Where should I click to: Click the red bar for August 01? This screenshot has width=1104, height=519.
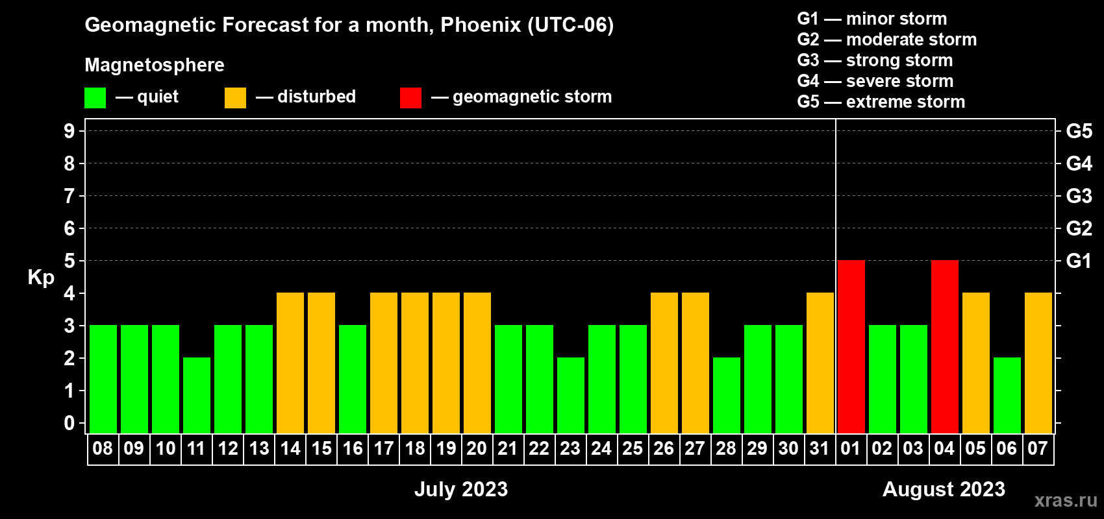(851, 346)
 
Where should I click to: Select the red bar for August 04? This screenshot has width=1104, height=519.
(945, 346)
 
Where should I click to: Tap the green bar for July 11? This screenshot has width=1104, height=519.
(197, 395)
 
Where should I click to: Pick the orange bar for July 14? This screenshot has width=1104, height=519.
(290, 363)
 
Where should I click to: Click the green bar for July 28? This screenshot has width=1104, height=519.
(727, 395)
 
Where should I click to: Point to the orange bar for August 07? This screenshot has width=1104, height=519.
(1038, 363)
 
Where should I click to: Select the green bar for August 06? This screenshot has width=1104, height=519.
(1007, 395)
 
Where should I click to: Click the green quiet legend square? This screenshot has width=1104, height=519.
(95, 97)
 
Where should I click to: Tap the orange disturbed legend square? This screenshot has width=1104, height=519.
(235, 97)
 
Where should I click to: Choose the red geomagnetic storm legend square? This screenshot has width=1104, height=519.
(410, 97)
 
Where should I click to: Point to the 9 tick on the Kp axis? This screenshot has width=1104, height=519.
(69, 131)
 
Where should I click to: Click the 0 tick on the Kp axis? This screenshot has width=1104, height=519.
(69, 423)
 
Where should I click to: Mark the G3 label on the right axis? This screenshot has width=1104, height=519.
(1079, 196)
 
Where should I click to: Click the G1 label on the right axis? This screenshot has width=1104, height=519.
(1079, 261)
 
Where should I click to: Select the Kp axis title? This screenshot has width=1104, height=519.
(41, 278)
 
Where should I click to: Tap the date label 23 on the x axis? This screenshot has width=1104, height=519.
(570, 448)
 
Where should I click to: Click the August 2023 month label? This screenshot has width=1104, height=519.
(944, 489)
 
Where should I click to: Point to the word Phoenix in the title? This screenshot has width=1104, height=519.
(481, 25)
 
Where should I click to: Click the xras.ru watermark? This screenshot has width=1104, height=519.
(1066, 501)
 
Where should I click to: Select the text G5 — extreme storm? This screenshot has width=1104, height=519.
(881, 102)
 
